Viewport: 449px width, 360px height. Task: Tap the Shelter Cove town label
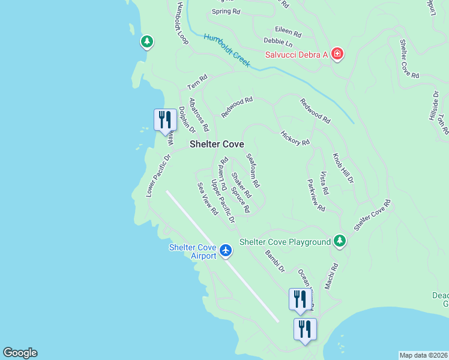click(217, 145)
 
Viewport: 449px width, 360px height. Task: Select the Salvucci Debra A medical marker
click(338, 55)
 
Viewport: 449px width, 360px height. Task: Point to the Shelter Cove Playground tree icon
click(340, 241)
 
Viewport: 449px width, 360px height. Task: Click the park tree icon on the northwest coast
click(146, 42)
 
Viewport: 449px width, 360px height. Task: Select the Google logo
click(20, 353)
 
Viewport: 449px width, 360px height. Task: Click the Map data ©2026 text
click(423, 355)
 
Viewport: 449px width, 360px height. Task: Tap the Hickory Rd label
click(295, 138)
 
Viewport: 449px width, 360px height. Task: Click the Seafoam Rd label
click(253, 170)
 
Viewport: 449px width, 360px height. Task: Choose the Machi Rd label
click(331, 276)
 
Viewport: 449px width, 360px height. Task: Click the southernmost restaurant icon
click(305, 329)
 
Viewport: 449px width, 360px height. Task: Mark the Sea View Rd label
click(207, 199)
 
